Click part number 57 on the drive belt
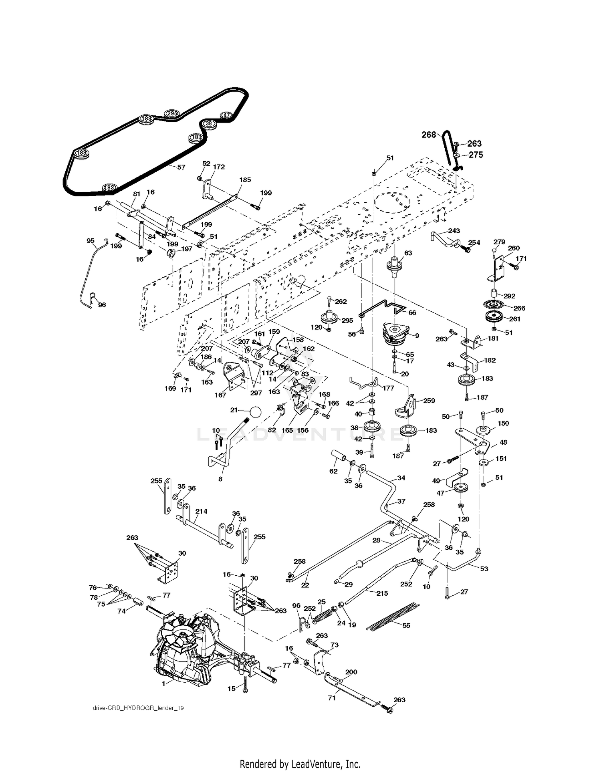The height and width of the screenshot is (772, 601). click(182, 167)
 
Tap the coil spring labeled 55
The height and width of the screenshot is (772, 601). click(393, 616)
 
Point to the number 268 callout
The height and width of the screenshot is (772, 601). click(428, 135)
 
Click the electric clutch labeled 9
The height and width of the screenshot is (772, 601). click(395, 333)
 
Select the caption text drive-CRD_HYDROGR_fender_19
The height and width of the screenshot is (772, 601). click(138, 708)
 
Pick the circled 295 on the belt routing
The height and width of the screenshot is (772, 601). click(172, 113)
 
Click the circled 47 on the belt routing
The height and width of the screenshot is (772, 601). click(227, 115)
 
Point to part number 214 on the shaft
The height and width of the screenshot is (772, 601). click(201, 511)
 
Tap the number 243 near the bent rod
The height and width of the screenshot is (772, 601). click(454, 231)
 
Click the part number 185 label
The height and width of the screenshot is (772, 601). click(245, 180)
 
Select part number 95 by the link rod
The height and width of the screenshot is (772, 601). click(91, 241)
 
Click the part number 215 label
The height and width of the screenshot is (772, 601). click(382, 593)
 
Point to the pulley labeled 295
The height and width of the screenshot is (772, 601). click(331, 316)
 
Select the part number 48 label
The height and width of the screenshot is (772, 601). click(503, 442)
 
